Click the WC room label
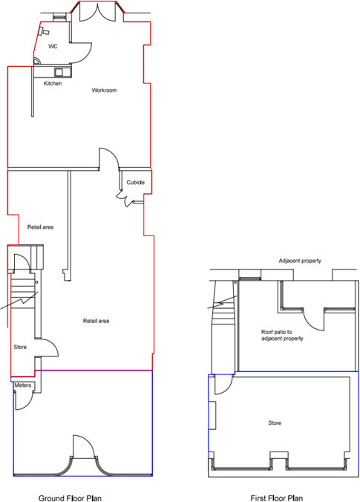click(x=53, y=46)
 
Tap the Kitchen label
click(x=53, y=83)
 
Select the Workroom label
click(x=105, y=91)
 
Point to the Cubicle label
click(x=135, y=183)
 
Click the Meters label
click(x=22, y=386)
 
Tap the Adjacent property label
click(x=300, y=261)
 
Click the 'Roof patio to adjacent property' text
click(x=282, y=335)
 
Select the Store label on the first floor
click(x=275, y=423)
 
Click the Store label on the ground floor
click(x=20, y=347)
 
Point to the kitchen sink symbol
click(x=60, y=72)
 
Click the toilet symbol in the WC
click(x=44, y=32)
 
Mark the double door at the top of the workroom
click(x=97, y=13)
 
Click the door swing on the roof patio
click(x=318, y=319)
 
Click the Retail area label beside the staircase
click(x=40, y=226)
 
